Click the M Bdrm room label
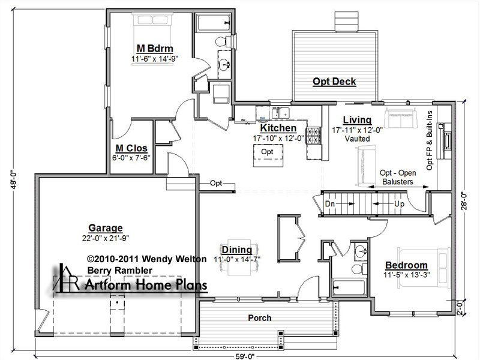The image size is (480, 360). point(155,49)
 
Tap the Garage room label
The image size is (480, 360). point(106,228)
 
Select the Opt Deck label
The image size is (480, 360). point(334,82)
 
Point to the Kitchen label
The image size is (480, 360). point(278,128)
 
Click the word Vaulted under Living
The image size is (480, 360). point(357,139)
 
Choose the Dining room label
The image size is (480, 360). point(236,250)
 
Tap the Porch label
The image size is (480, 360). point(260,318)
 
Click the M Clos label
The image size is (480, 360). point(131,148)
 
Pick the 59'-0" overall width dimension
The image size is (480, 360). point(244,356)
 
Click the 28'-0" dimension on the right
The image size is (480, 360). point(464,202)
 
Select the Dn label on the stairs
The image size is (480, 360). point(329,203)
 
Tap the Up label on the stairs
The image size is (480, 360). point(399,204)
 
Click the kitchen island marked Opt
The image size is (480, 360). point(268,155)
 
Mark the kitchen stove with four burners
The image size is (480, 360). point(313,136)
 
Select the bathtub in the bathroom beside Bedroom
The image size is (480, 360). point(349,287)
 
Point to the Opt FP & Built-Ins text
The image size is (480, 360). point(430,140)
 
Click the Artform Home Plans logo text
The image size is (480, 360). point(146,285)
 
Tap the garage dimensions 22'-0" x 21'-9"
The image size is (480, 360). point(106,238)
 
